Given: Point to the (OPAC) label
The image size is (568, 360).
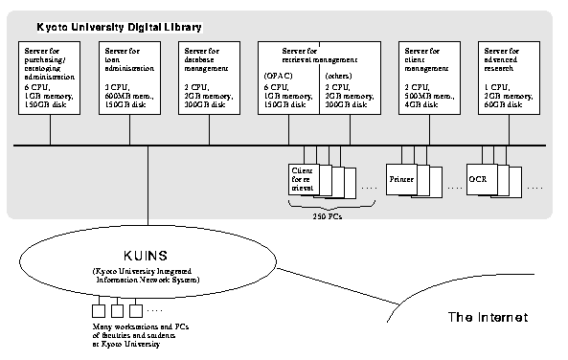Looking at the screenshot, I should pos(279,74).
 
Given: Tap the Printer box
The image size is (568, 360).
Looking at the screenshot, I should pos(400,179).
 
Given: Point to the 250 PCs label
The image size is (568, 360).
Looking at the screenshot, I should pos(325,217).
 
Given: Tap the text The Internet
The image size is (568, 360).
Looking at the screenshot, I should pos(488,317).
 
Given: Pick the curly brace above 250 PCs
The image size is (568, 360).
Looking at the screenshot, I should pos(324,206).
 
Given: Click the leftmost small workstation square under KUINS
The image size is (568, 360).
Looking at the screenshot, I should pos(97,310).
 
